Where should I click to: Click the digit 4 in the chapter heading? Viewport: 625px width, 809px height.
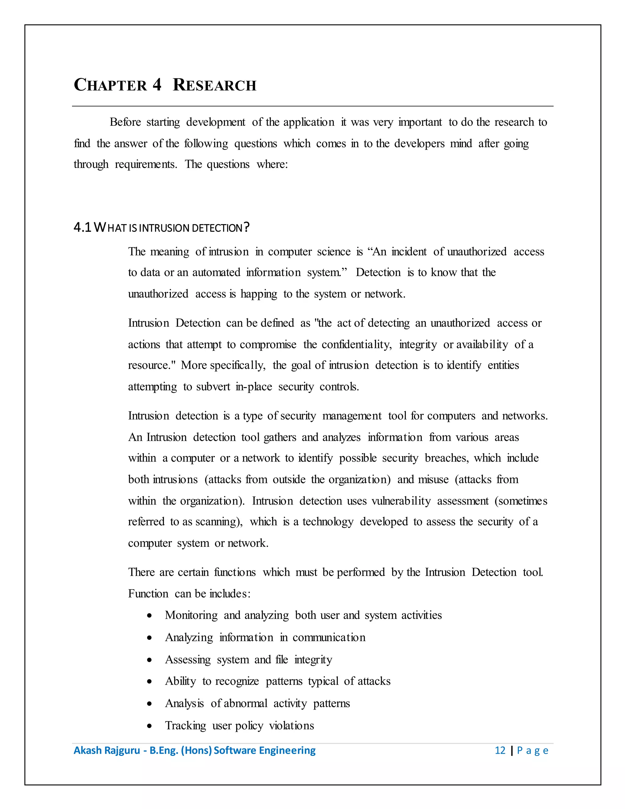point(157,85)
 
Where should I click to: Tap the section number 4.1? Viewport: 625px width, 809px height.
point(82,227)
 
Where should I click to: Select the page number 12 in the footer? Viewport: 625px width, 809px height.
point(500,750)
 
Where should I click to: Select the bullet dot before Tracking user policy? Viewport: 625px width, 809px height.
point(149,726)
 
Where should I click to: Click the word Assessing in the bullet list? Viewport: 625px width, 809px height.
point(188,659)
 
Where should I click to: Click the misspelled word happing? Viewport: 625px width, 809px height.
point(258,294)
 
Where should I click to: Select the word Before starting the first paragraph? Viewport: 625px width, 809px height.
point(125,122)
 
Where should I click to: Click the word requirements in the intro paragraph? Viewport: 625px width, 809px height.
point(146,164)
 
